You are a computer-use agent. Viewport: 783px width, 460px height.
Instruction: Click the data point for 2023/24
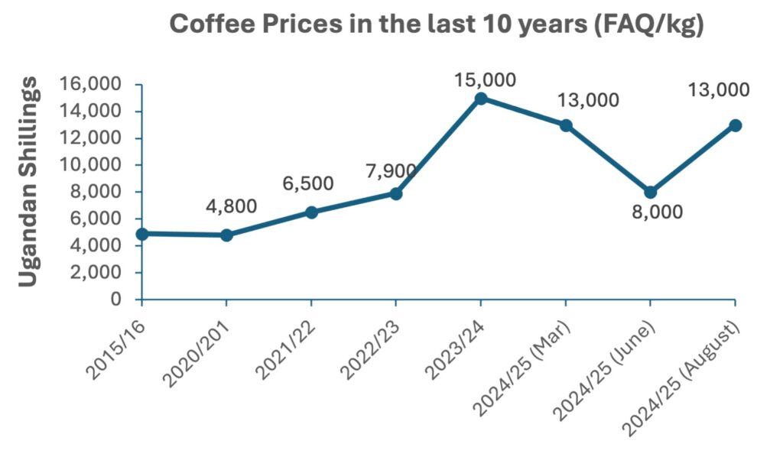point(480,99)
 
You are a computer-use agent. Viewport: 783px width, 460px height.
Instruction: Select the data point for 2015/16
point(142,234)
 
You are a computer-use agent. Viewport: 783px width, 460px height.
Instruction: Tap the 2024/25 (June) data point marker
point(650,192)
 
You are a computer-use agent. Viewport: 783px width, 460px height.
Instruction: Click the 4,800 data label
point(232,206)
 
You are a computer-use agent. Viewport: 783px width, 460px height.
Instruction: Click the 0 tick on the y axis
point(116,300)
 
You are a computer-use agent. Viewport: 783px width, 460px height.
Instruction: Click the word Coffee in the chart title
point(216,24)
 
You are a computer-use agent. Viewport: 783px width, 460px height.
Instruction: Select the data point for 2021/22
point(311,212)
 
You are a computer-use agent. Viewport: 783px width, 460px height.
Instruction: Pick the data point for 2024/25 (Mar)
point(565,125)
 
